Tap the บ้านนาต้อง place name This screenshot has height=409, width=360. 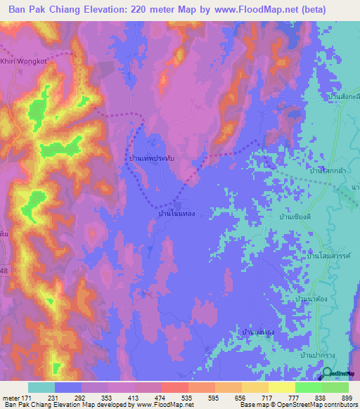(314, 299)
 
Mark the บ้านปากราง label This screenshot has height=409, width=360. (316, 355)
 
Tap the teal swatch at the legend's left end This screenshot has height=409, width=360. (41, 387)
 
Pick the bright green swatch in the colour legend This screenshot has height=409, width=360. (308, 387)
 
